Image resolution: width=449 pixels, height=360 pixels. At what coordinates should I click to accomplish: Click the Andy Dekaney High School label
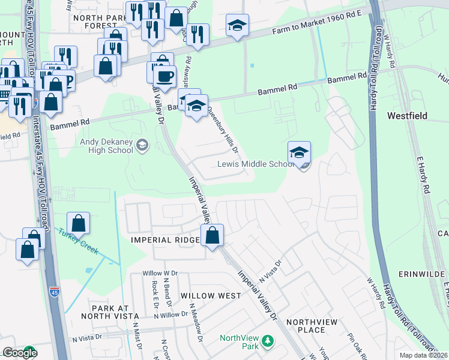coord(106,146)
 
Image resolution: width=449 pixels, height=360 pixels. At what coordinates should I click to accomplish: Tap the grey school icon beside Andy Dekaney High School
coord(142,145)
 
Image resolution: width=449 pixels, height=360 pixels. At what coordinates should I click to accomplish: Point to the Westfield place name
coord(409,115)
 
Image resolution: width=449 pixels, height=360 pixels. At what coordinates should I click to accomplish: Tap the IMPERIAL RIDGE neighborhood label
coord(165,240)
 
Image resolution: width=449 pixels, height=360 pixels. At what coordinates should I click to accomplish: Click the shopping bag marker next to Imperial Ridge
coord(212,235)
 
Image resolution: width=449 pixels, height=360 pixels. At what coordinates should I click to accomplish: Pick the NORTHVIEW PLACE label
coord(314,326)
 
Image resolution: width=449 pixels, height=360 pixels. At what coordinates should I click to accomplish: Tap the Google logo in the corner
coord(19,353)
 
